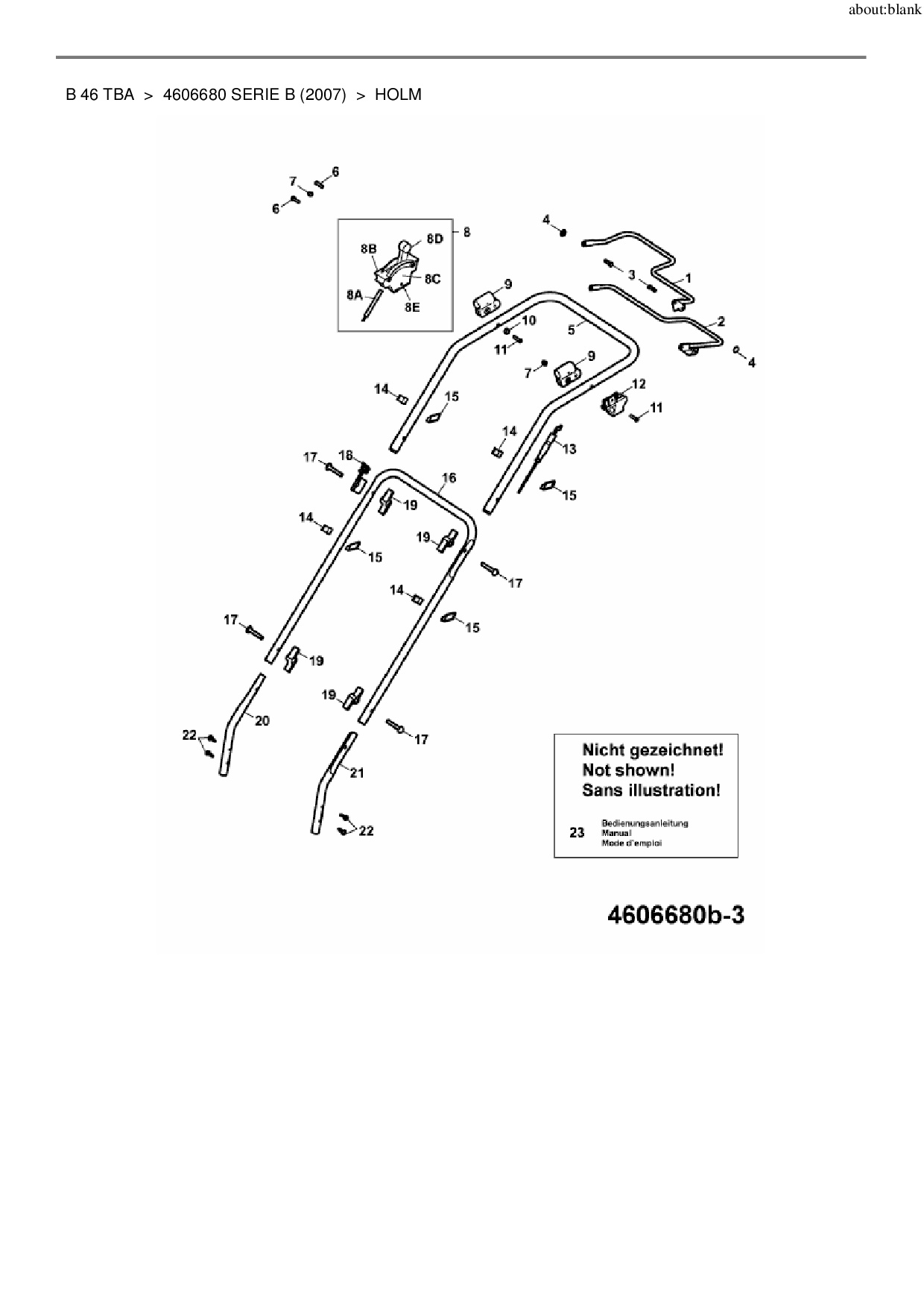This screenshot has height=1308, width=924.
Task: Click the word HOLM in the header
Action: tap(398, 95)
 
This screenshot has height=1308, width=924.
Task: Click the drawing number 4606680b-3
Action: tap(675, 915)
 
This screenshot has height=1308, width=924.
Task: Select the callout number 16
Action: tap(449, 478)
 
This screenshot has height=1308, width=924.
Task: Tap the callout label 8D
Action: tap(434, 239)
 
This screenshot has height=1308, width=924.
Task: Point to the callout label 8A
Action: tap(354, 295)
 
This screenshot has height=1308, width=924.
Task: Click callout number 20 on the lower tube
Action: tap(262, 720)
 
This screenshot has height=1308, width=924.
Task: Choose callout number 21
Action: tap(357, 773)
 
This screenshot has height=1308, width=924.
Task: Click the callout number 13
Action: tap(569, 449)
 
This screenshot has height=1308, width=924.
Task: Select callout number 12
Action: tap(639, 384)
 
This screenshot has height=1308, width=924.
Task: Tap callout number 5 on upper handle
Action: tap(572, 329)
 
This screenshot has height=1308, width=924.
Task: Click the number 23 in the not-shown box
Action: tap(577, 832)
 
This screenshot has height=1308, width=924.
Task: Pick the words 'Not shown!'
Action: tap(628, 770)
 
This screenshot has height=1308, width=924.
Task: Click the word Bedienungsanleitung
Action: tap(645, 823)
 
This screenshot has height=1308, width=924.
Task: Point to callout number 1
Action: tap(689, 278)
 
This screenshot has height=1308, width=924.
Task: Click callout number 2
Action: tap(721, 322)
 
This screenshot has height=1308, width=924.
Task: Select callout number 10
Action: tap(528, 321)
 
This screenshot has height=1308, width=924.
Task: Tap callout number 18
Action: tap(346, 455)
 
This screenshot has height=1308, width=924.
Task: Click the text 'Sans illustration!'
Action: tap(651, 790)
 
